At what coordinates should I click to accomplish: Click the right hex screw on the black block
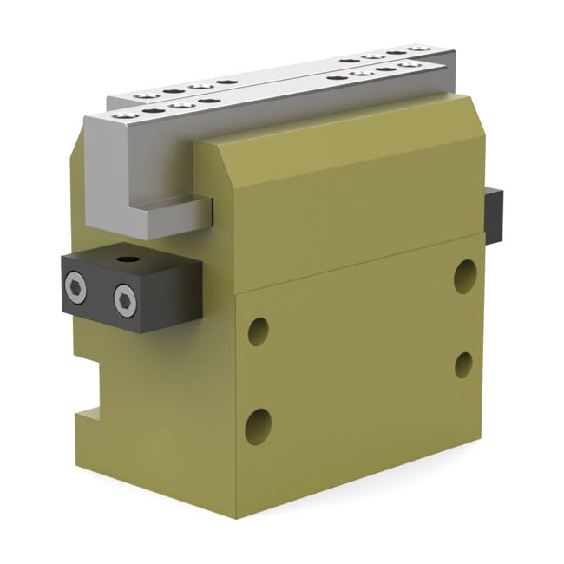[126, 300]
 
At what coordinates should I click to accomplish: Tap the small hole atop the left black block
[129, 259]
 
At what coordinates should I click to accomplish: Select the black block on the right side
[494, 216]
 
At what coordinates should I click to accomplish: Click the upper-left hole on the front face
[258, 331]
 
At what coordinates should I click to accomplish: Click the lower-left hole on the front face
[258, 425]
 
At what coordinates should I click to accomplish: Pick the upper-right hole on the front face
[465, 276]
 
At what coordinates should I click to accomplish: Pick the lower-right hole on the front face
[463, 364]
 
